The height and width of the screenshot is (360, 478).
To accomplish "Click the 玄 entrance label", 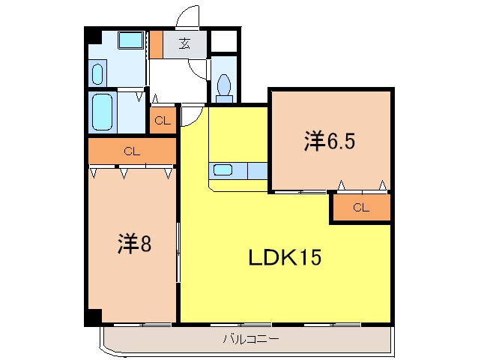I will (x=184, y=43).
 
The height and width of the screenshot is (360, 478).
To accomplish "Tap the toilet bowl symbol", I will (x=223, y=88).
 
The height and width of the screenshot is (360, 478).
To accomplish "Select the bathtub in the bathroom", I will (x=101, y=112).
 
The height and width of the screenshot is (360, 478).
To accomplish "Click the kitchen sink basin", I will (x=223, y=169).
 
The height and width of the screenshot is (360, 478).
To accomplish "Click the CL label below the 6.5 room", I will (x=361, y=208).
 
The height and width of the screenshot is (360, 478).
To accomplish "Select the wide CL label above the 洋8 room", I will (x=132, y=151).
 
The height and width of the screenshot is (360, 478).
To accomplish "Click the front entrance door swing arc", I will (x=190, y=16).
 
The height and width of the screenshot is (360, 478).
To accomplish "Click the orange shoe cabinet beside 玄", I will (x=156, y=44).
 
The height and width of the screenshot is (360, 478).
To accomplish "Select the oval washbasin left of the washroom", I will (x=97, y=73).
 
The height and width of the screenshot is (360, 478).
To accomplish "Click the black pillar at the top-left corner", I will (x=90, y=34).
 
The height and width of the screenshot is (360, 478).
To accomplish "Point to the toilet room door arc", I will (x=201, y=68).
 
